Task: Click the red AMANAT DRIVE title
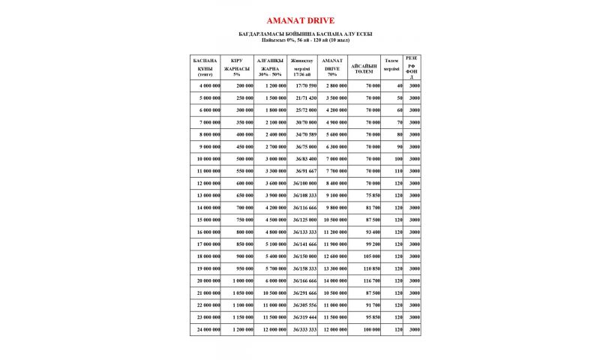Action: pyautogui.click(x=305, y=20)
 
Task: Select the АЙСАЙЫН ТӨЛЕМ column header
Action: pyautogui.click(x=364, y=68)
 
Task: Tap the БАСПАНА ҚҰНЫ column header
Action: pyautogui.click(x=205, y=67)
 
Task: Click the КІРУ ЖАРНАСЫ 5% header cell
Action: pyautogui.click(x=237, y=67)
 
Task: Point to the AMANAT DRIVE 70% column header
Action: pyautogui.click(x=331, y=67)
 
